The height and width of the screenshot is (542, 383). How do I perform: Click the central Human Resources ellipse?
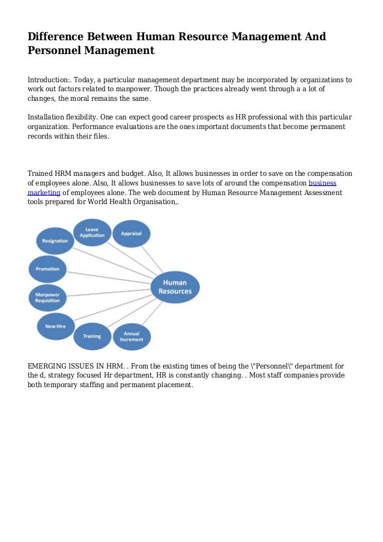tap(175, 287)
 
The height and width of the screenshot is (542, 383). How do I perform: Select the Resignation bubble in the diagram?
tap(55, 241)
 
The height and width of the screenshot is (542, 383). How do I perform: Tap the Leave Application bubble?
tap(92, 232)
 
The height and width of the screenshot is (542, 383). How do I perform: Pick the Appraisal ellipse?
tap(131, 233)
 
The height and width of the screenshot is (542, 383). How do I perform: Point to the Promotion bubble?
tap(47, 269)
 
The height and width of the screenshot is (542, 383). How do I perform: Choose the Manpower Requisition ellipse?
tap(47, 297)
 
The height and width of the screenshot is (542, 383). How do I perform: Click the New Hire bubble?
tap(55, 326)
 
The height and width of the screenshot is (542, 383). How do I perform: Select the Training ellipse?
tap(92, 336)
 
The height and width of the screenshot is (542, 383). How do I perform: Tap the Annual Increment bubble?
tap(131, 336)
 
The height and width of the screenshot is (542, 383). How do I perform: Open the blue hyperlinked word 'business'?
tap(322, 182)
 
